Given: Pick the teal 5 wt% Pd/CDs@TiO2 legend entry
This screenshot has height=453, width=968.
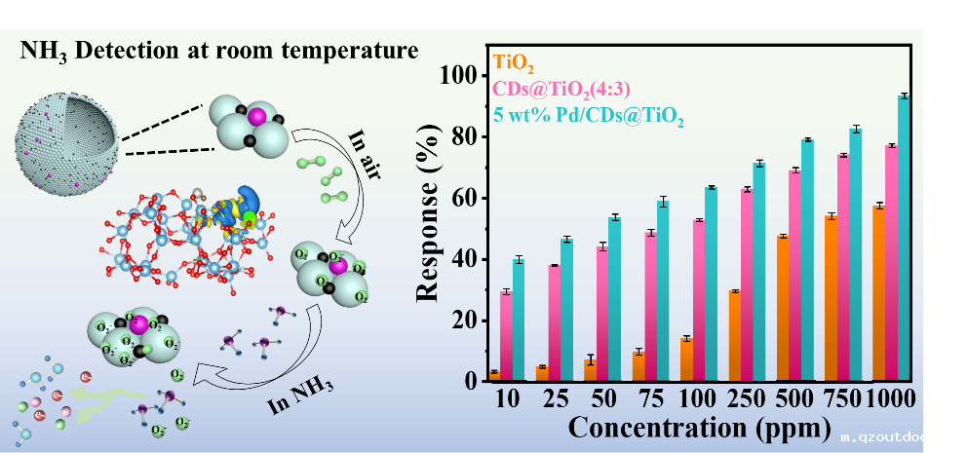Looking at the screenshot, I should (588, 119).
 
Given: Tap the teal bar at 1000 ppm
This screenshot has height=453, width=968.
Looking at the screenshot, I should (904, 238).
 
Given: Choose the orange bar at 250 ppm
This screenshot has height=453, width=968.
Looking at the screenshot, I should (734, 335).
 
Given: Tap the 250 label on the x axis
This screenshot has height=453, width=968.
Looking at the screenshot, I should (746, 400).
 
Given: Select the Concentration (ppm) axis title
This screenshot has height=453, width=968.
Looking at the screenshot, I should (699, 428).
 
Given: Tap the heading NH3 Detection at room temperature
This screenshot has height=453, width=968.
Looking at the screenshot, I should (219, 50).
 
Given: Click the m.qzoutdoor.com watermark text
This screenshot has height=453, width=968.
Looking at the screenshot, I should (902, 438).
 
